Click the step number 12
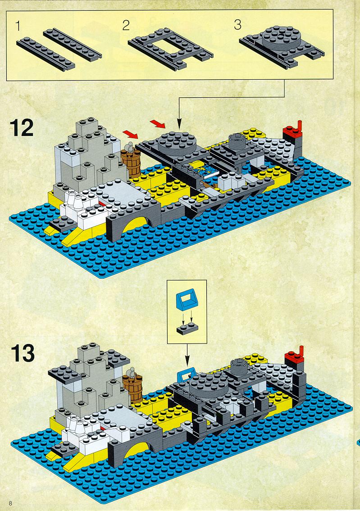pyautogui.click(x=22, y=128)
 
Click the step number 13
pyautogui.click(x=23, y=353)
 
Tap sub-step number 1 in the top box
pyautogui.click(x=18, y=26)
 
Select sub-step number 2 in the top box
pyautogui.click(x=126, y=25)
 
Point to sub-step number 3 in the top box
pyautogui.click(x=238, y=25)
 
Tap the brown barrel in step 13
pyautogui.click(x=133, y=387)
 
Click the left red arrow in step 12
pyautogui.click(x=131, y=134)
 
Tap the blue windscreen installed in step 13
pyautogui.click(x=186, y=373)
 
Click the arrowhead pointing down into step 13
pyautogui.click(x=187, y=361)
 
